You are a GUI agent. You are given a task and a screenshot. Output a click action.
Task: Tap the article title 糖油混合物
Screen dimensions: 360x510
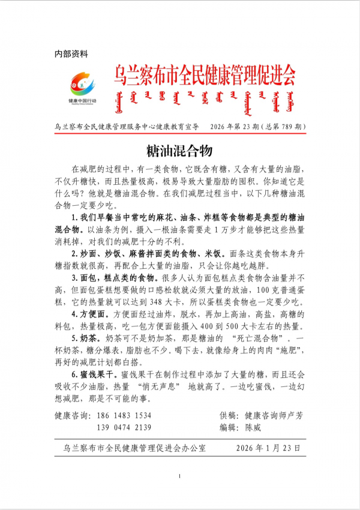point(179,150)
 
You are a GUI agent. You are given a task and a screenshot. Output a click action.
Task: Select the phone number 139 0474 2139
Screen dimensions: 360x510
point(125,427)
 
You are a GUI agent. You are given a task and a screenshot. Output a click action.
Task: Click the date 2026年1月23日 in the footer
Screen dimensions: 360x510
point(268,448)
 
